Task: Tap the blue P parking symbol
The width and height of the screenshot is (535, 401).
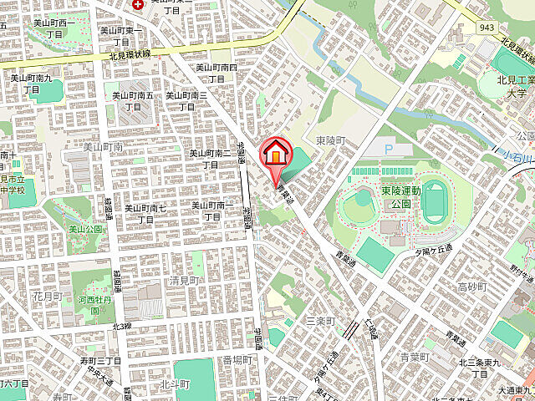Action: (x=387, y=150)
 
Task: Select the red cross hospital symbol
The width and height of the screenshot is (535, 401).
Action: (x=138, y=3)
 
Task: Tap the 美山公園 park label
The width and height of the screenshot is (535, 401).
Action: (x=84, y=228)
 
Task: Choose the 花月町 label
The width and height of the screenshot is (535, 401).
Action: (x=47, y=296)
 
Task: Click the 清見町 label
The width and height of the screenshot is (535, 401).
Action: (x=186, y=281)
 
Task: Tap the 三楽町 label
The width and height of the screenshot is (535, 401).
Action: (x=320, y=320)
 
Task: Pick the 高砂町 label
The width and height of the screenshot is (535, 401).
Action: (x=471, y=287)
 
